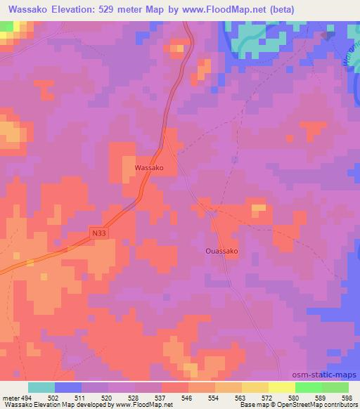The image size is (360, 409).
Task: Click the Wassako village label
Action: (149, 169)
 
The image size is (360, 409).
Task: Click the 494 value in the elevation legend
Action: (25, 397)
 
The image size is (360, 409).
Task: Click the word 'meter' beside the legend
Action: (8, 397)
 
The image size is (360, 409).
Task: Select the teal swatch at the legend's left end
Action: (41, 387)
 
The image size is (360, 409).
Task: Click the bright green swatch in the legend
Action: (308, 387)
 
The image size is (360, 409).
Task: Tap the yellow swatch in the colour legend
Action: (281, 387)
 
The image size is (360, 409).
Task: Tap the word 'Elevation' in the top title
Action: (70, 8)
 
